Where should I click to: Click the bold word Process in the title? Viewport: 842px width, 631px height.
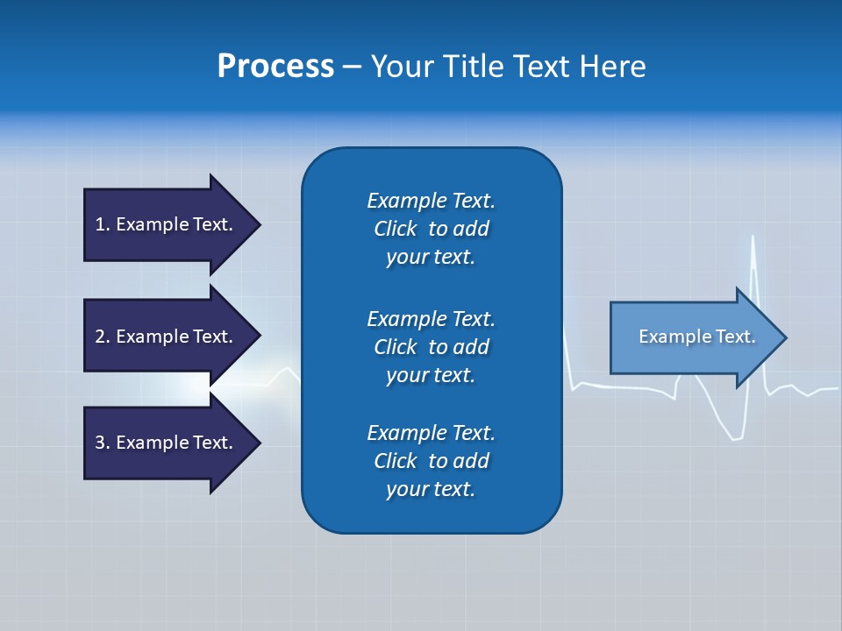[275, 67]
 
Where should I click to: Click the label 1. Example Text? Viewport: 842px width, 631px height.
[164, 224]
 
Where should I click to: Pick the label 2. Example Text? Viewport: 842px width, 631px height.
[164, 337]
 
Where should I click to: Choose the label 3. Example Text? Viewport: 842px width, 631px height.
[164, 443]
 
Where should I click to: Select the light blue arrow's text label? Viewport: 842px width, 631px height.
[696, 337]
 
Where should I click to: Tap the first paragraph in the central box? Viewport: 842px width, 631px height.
[431, 229]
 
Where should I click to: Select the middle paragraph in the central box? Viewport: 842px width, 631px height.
[431, 347]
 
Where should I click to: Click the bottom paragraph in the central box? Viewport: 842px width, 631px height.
[431, 461]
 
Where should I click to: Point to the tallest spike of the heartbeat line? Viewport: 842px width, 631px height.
[753, 237]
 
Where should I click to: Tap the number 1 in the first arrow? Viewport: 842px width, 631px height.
[100, 224]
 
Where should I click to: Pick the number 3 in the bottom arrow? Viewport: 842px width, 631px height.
[100, 443]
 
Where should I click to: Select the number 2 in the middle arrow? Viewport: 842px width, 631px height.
[100, 337]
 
